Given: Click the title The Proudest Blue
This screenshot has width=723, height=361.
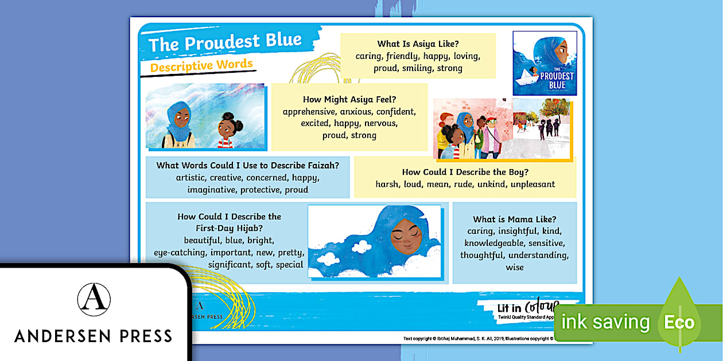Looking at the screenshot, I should point(225,42).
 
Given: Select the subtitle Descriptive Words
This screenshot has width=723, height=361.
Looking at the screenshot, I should point(201,65).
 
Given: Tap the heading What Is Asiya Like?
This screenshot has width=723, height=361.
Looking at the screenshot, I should point(418,44).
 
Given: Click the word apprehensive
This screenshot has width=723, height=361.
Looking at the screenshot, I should point(308,111).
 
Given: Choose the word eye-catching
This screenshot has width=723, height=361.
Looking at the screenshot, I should point(180,252).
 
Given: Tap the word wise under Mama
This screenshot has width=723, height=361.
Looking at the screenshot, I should point(515,267).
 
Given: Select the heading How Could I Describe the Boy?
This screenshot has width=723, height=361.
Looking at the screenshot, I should point(465,172).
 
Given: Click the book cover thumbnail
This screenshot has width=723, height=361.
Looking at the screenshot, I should point(545,63).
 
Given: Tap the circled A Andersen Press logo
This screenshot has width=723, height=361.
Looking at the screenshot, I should point(94,299).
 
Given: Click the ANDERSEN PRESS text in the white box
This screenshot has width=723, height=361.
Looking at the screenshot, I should point(94,336).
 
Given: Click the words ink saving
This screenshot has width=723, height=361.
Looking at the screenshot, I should point(605,322).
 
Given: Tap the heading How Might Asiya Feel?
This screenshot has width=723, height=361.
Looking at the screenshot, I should point(349,99).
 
